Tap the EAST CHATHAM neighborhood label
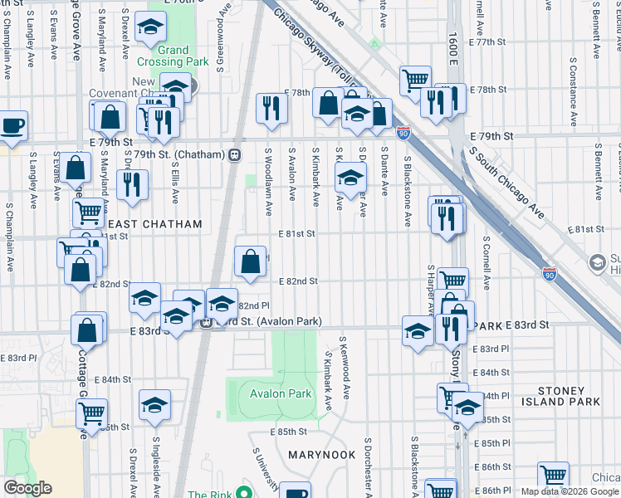tap(155, 224)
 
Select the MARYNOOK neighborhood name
tap(321, 456)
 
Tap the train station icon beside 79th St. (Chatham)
tap(235, 154)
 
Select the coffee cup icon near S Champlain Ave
tap(12, 126)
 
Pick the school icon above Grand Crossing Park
tap(150, 29)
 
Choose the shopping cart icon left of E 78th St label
tap(414, 81)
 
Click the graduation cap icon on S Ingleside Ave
tap(154, 405)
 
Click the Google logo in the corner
tap(28, 487)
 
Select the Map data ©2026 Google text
tap(570, 491)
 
